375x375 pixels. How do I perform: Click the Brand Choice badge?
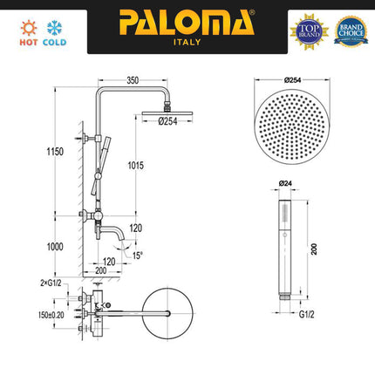pyautogui.click(x=351, y=30)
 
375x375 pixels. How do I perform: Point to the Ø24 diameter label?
pyautogui.click(x=284, y=183)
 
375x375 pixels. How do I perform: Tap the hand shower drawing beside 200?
pyautogui.click(x=284, y=249)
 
